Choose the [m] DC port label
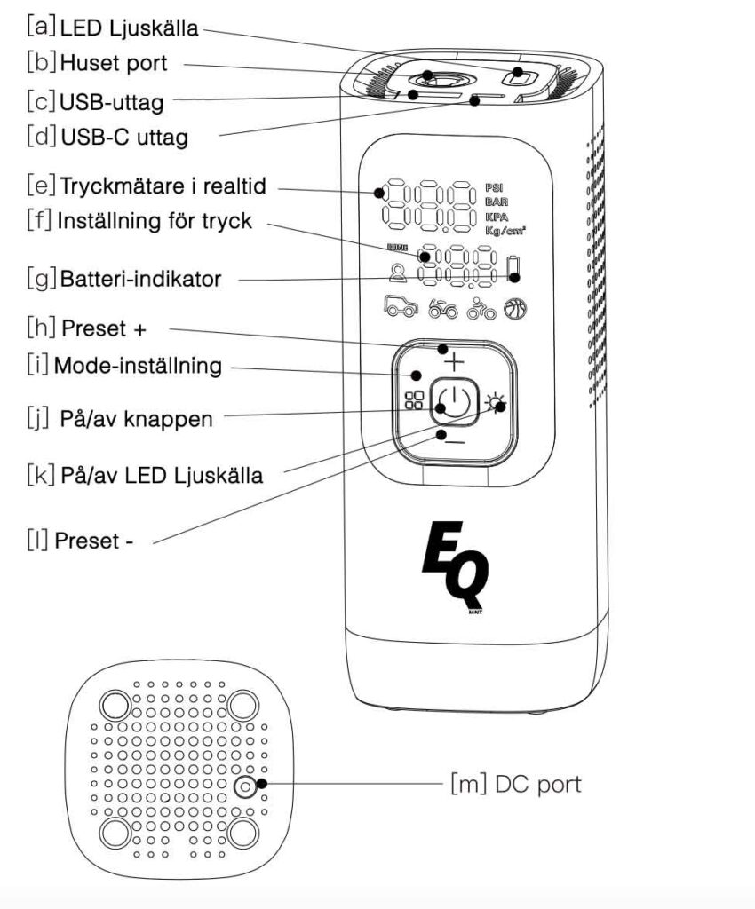[516, 784]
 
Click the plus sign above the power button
[453, 361]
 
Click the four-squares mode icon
[413, 401]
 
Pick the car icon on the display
[401, 307]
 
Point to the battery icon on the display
[513, 267]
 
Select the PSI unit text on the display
[494, 187]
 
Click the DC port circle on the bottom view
[245, 786]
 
